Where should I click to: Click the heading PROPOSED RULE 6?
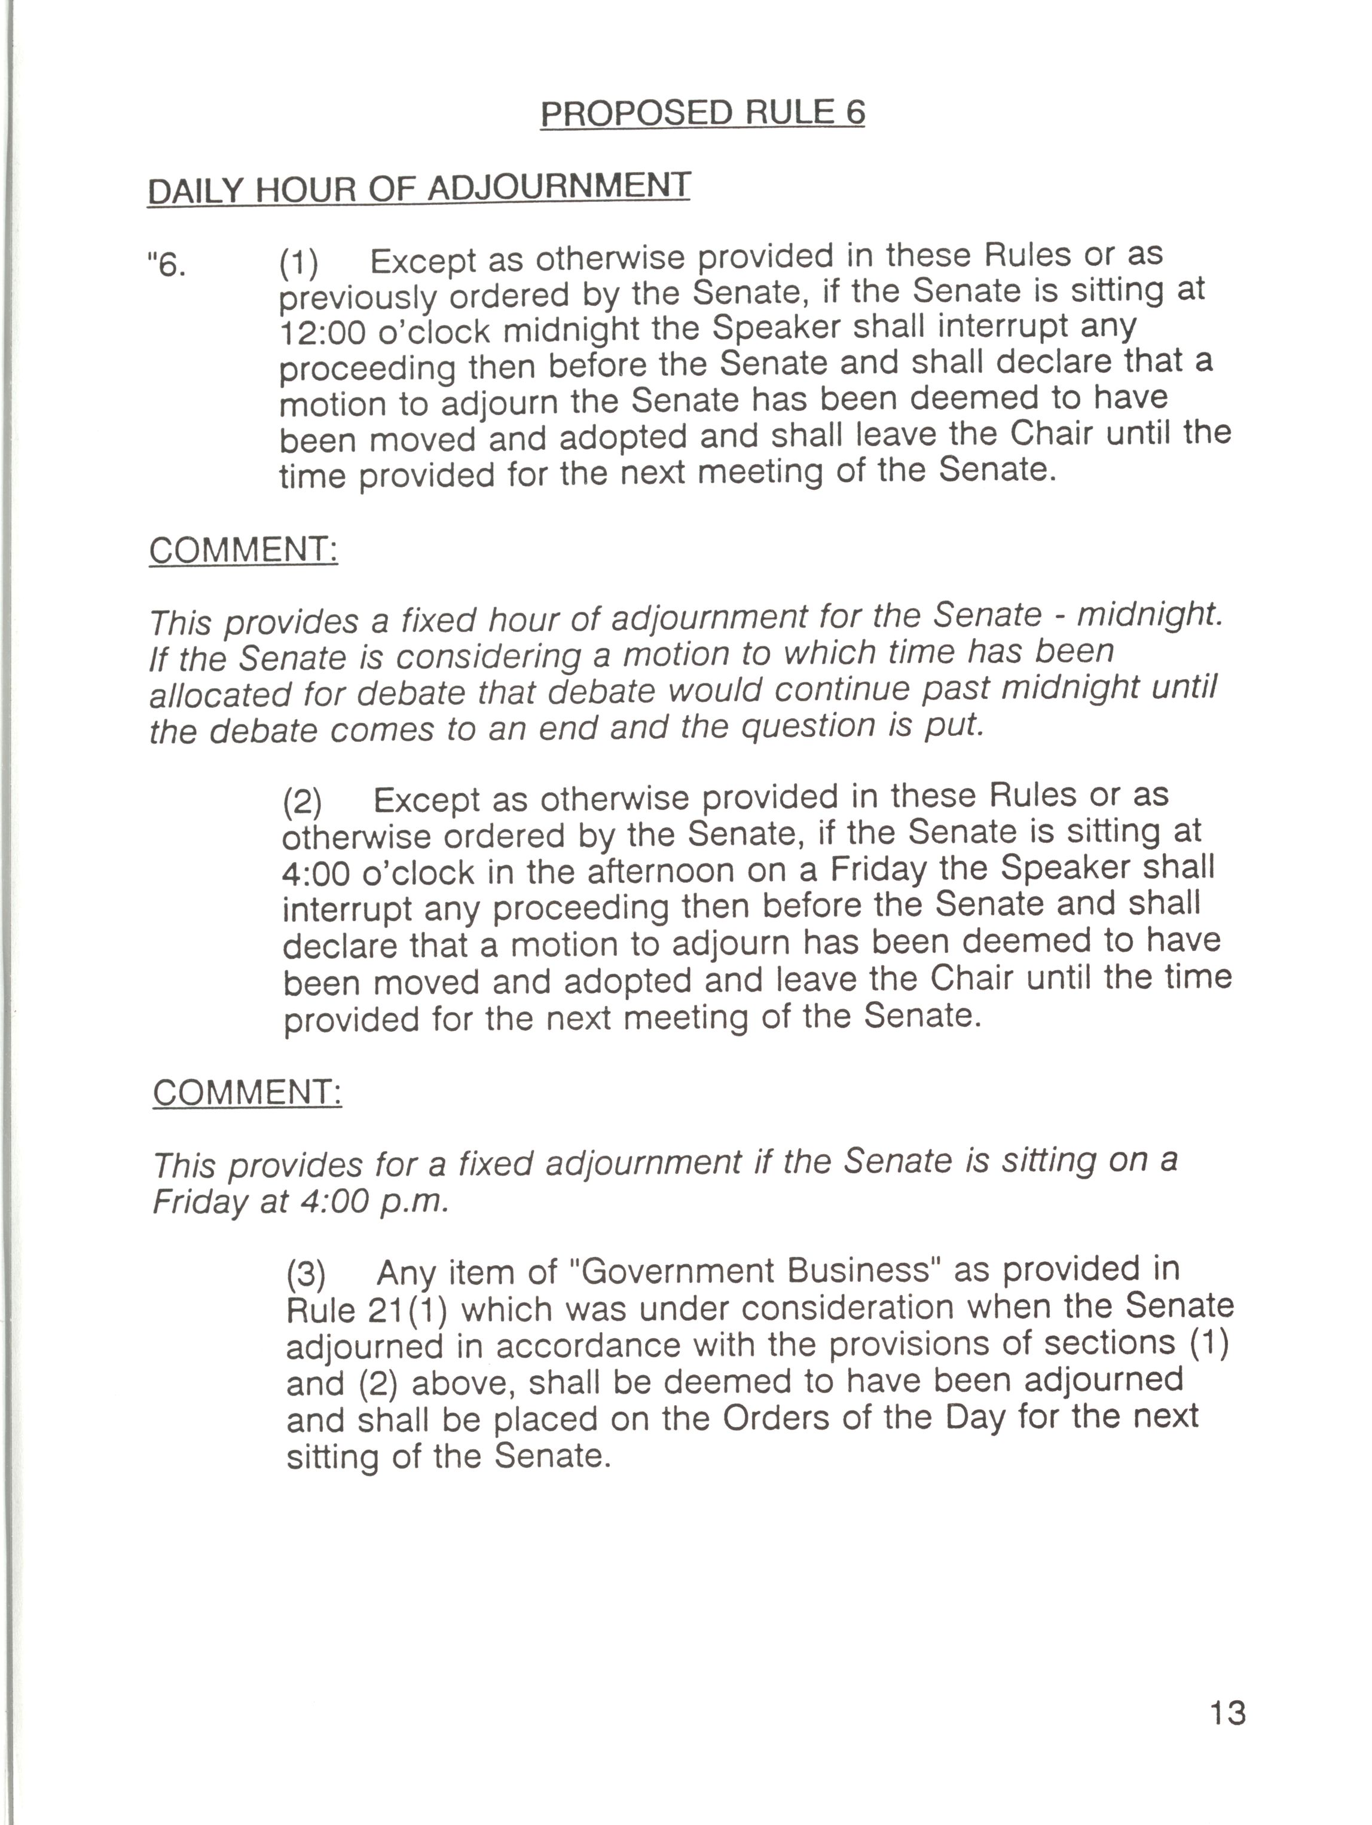coord(702,112)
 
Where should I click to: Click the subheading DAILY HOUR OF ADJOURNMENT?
coord(418,188)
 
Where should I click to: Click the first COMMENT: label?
coord(243,550)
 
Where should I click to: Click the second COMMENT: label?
coord(247,1093)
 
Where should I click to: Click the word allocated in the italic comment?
coord(219,694)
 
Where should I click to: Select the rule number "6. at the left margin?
coord(166,266)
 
